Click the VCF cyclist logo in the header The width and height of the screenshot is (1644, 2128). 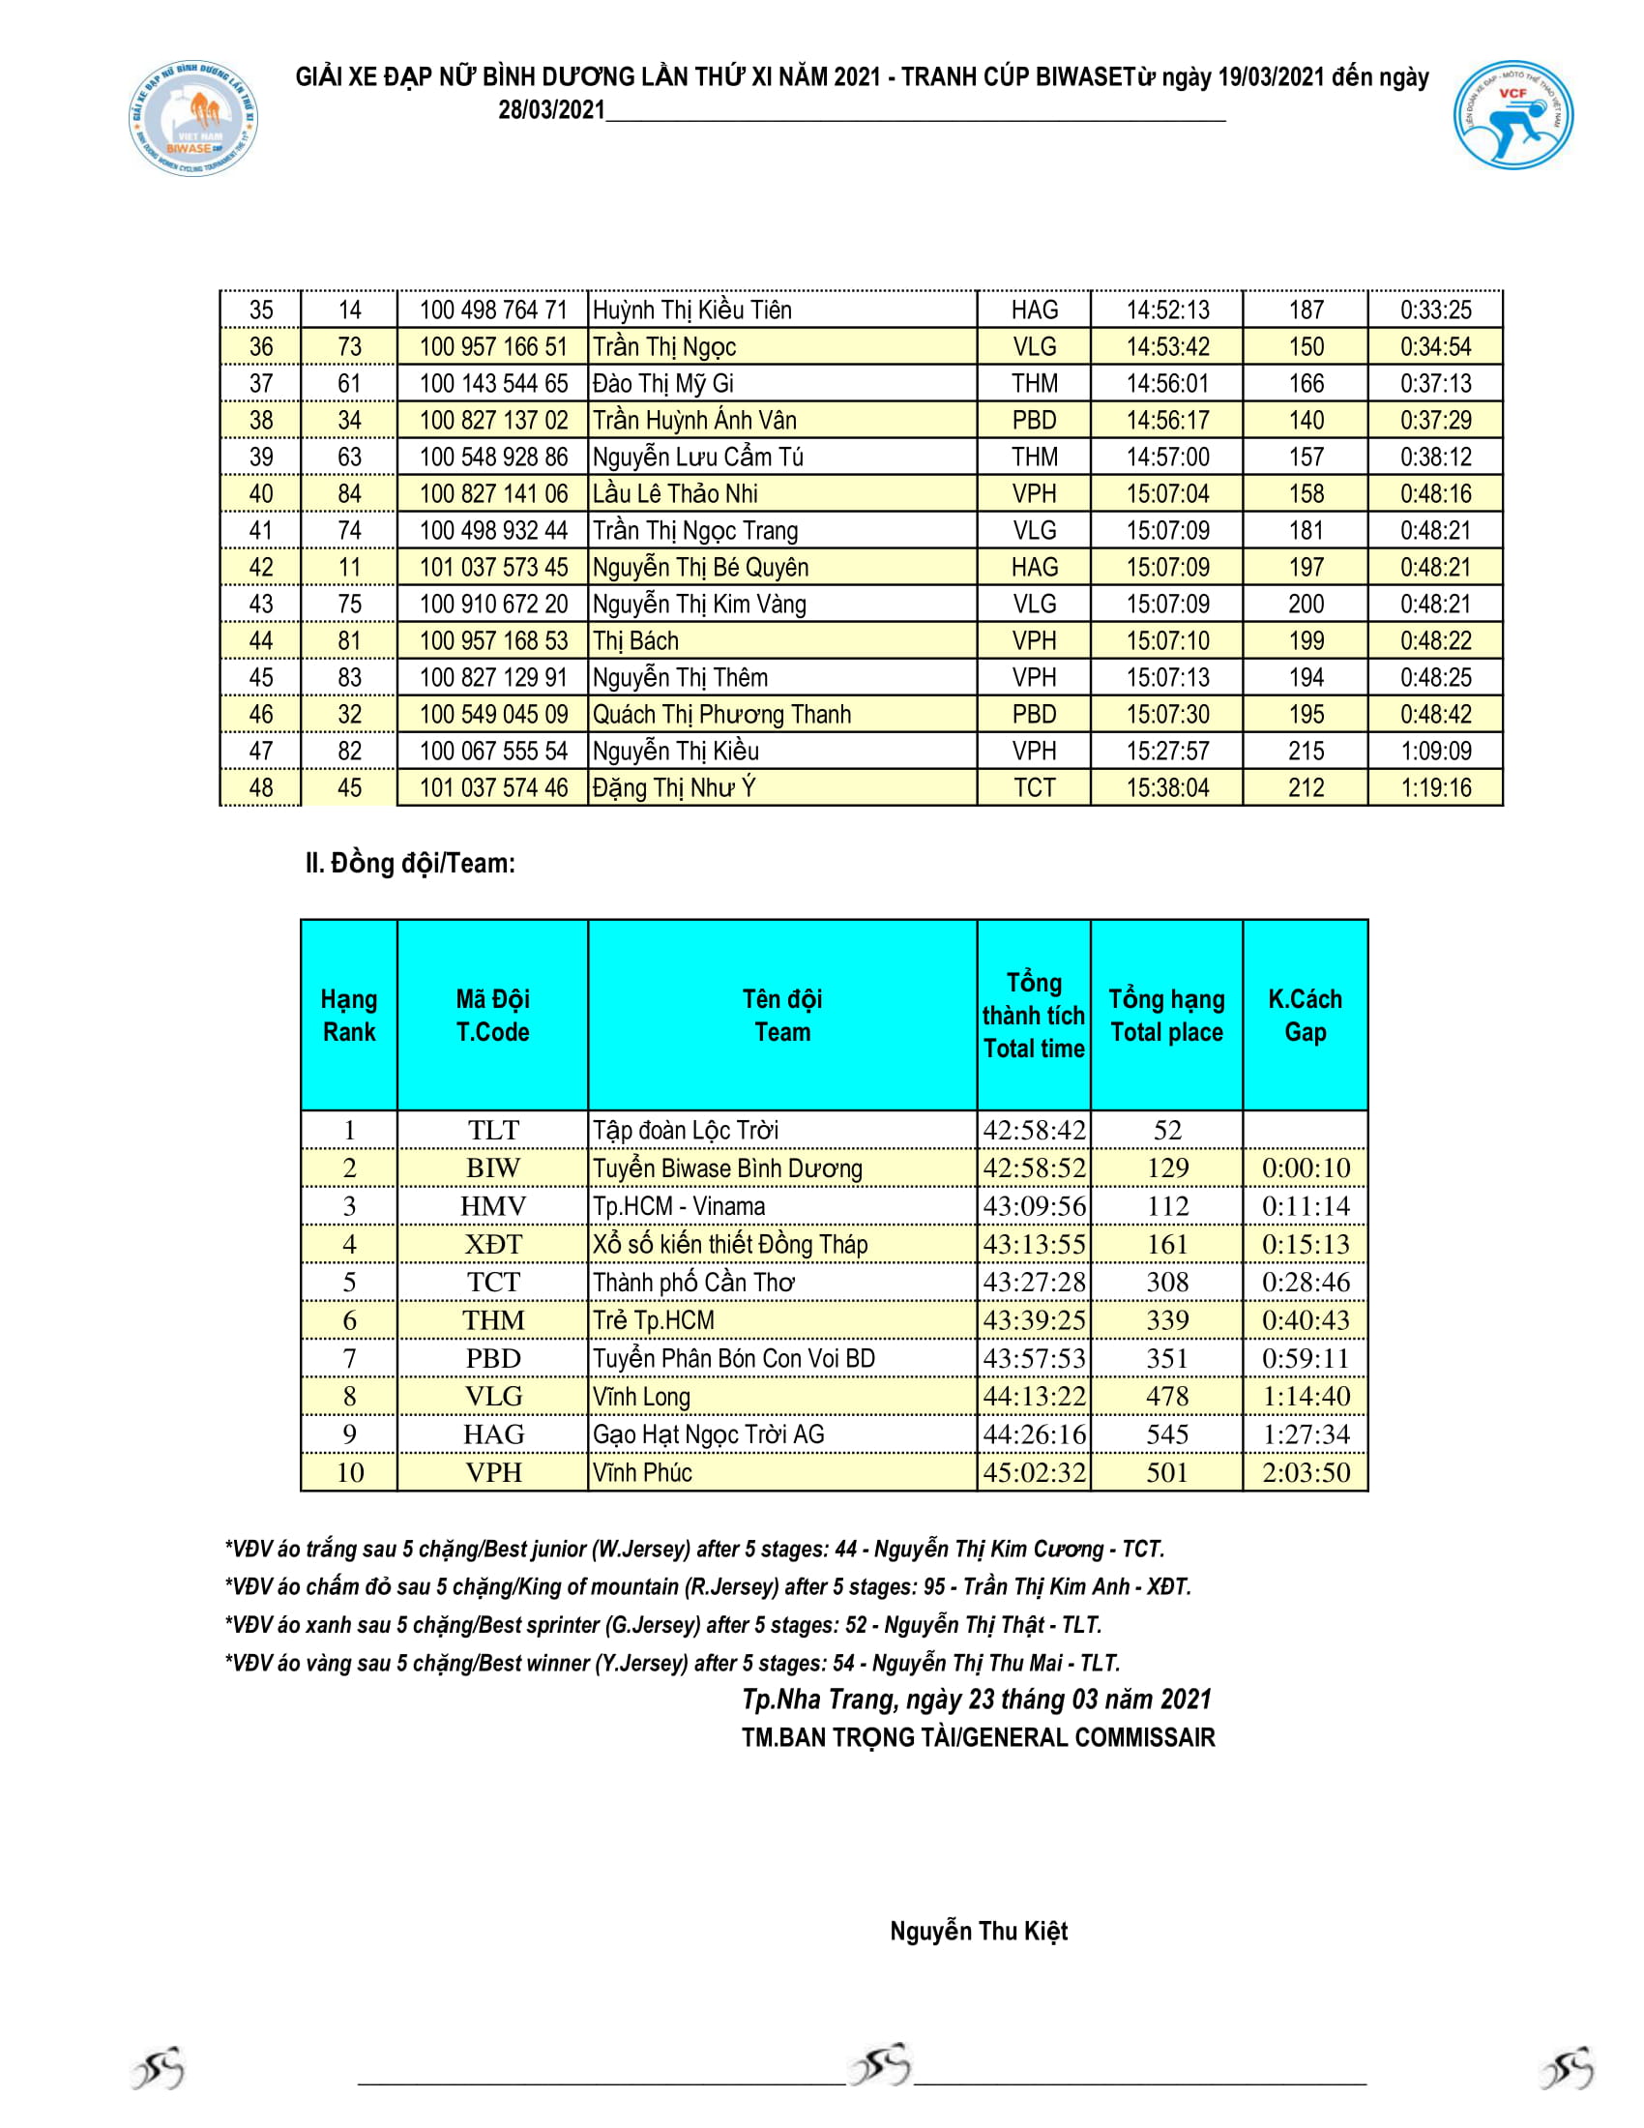(1512, 115)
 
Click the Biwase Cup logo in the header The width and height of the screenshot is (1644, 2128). (193, 119)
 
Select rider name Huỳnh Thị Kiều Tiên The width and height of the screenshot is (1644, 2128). (691, 310)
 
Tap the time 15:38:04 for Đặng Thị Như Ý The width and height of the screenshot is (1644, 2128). (1167, 787)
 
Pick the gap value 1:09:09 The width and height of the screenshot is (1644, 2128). (1435, 751)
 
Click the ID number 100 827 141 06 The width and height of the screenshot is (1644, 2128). (493, 494)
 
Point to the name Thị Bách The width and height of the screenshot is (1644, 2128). (635, 641)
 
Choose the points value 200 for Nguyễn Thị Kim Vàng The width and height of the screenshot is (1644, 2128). (1306, 605)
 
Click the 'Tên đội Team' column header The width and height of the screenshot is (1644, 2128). (782, 1015)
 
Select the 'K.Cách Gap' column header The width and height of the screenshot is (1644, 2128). (1306, 1015)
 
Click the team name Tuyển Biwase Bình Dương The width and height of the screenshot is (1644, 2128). (727, 1168)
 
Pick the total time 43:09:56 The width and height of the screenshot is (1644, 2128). (1034, 1206)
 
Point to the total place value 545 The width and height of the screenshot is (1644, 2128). (1167, 1434)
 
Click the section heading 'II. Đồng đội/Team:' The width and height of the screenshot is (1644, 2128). (410, 863)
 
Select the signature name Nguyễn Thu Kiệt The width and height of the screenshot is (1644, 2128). (978, 1932)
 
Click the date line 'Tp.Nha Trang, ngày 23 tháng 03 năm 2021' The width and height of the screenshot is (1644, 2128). (976, 1700)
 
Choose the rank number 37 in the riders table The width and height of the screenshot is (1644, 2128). (261, 384)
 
